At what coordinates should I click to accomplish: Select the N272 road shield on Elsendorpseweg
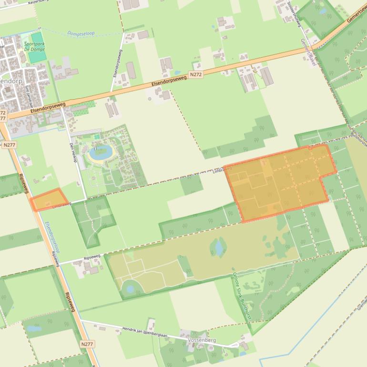pos(195,75)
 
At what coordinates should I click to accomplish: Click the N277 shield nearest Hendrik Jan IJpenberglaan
pos(87,344)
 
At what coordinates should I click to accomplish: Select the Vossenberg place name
pos(202,340)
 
